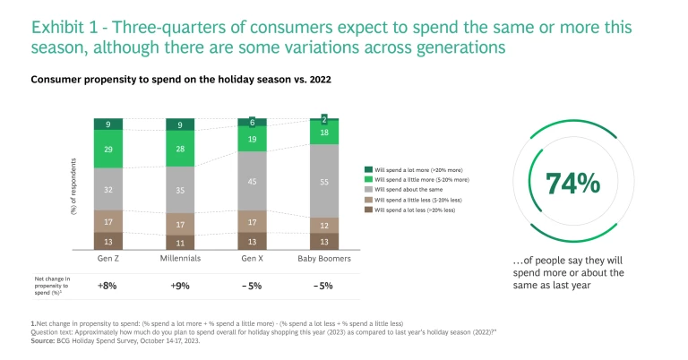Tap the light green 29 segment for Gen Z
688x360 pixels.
(108, 149)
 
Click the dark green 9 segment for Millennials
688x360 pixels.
(181, 124)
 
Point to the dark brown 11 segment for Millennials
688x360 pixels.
(181, 242)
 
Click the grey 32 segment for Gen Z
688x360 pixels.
(108, 189)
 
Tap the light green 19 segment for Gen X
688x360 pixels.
(253, 140)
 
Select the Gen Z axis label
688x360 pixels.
(108, 259)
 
